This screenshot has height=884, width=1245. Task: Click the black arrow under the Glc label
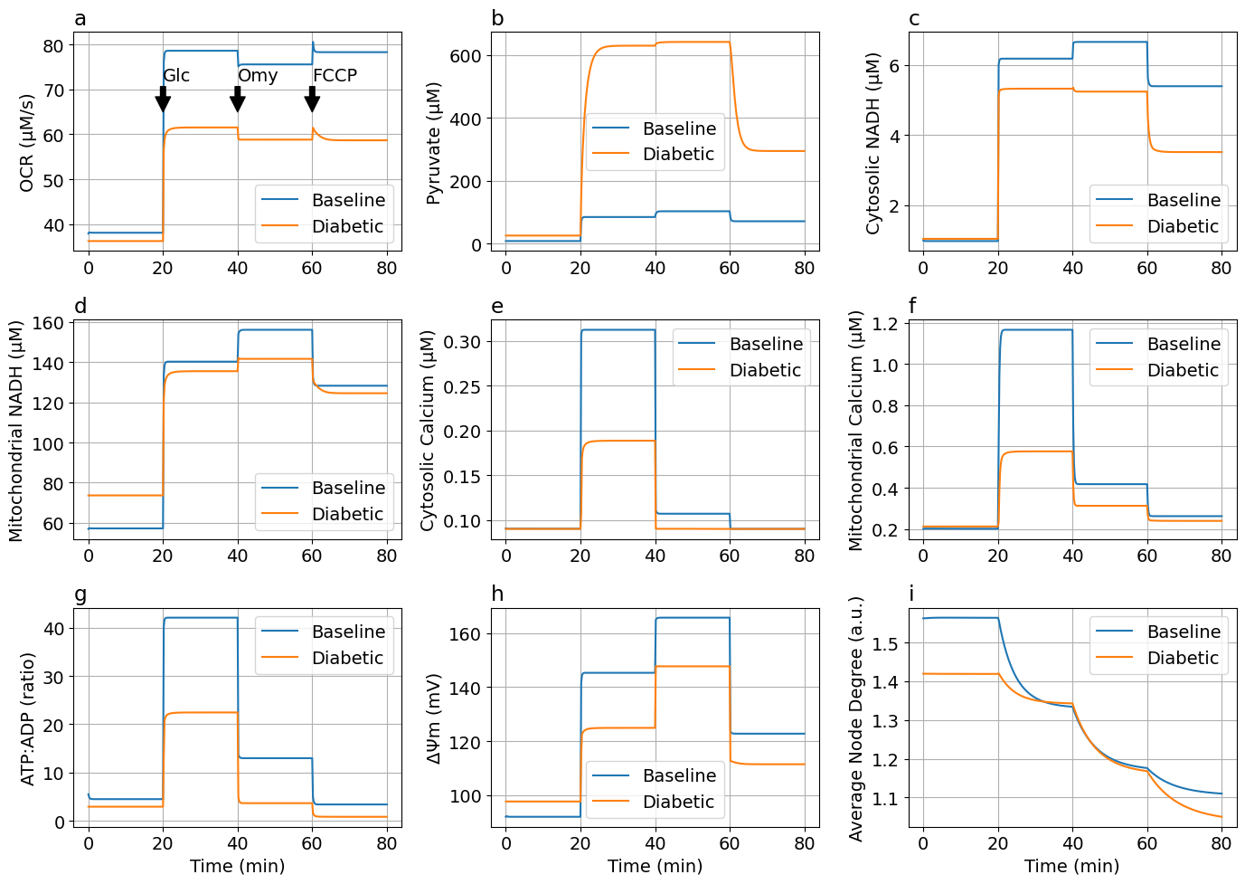(x=163, y=100)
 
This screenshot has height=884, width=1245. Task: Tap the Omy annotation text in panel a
(x=258, y=75)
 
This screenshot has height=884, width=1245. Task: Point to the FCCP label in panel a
(x=335, y=75)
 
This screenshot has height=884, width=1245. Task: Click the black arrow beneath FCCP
(x=312, y=100)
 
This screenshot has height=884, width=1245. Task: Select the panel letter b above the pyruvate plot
(x=498, y=19)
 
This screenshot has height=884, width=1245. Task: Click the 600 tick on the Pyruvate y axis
(x=467, y=56)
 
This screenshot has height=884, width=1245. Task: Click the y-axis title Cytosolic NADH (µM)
(x=873, y=143)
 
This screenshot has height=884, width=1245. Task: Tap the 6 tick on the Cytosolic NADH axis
(x=892, y=66)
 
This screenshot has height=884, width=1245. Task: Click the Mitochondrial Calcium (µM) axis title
(x=855, y=431)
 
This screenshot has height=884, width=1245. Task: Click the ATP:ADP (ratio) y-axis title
(x=27, y=718)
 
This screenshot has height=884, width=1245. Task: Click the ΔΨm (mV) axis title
(x=434, y=718)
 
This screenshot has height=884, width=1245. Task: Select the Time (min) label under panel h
(x=655, y=866)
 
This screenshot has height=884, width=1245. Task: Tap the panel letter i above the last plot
(x=911, y=594)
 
